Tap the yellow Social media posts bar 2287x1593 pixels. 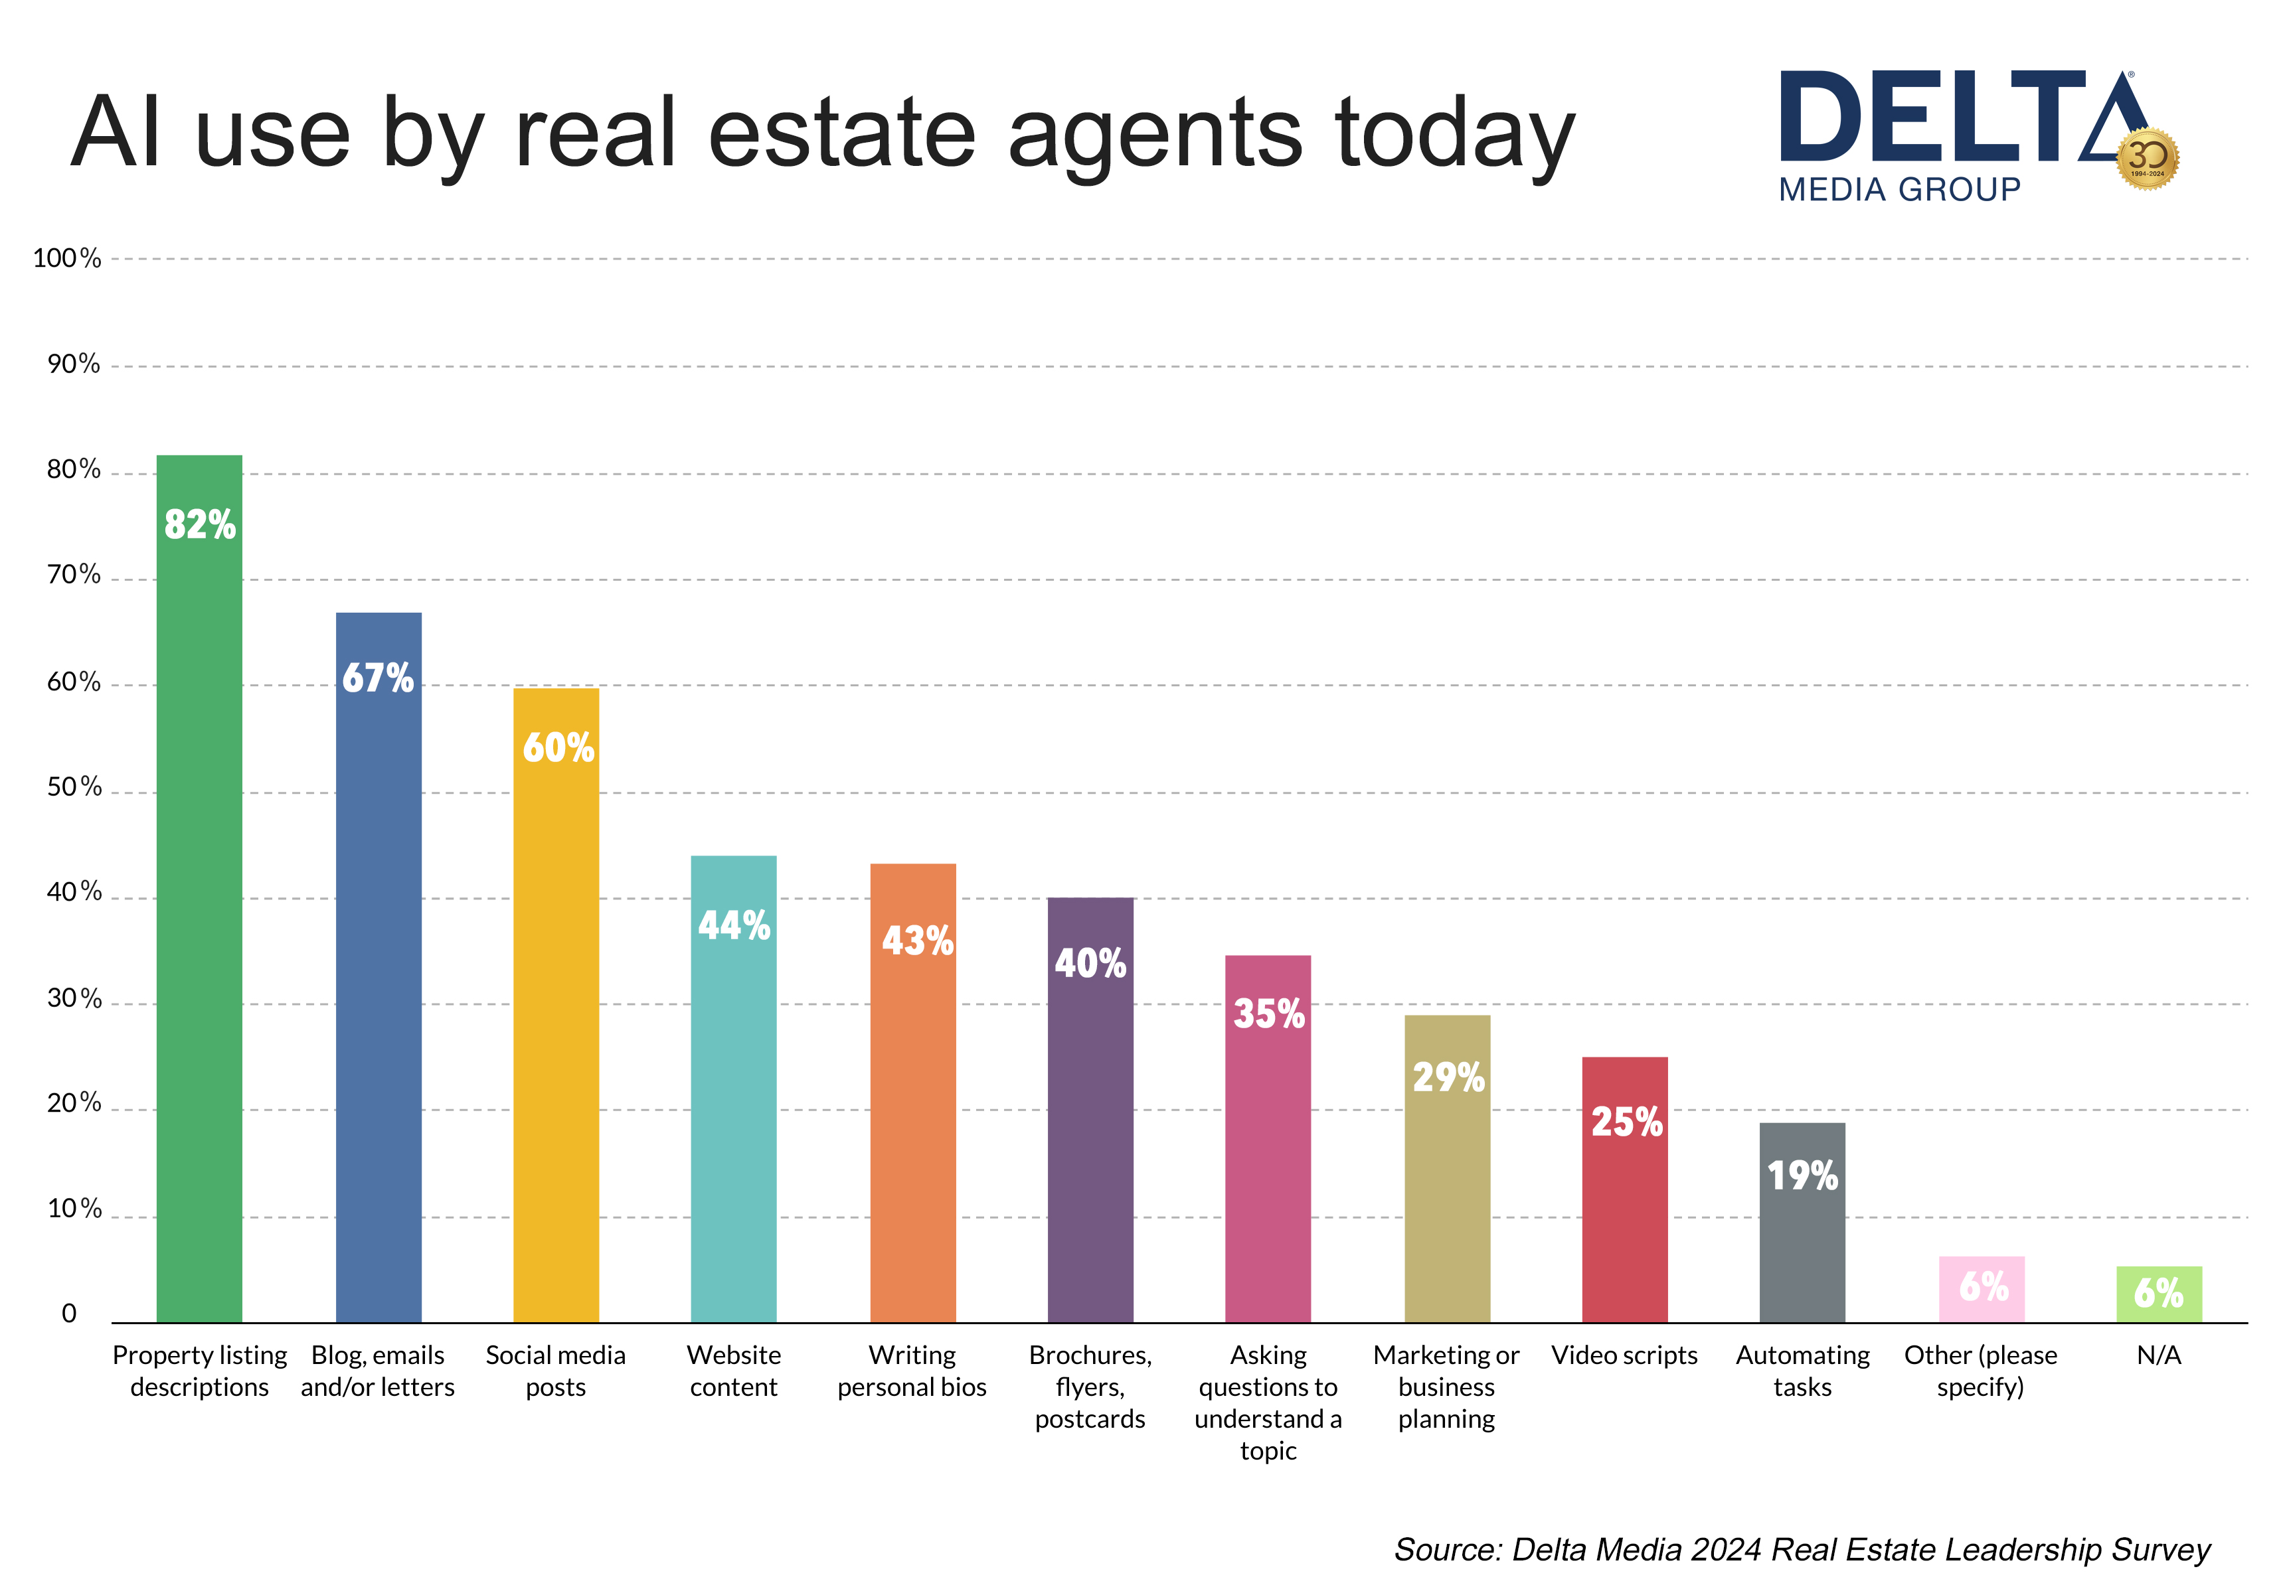click(x=556, y=1005)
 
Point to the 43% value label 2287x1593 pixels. click(x=916, y=941)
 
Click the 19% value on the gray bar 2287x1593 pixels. click(x=1802, y=1176)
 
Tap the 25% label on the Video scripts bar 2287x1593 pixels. click(x=1626, y=1122)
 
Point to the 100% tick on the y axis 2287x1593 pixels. click(x=66, y=259)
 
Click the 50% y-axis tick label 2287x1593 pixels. click(x=74, y=787)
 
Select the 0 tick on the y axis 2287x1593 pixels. click(x=69, y=1313)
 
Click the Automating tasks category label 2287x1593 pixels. click(x=1802, y=1371)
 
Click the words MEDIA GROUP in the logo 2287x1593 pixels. click(x=1899, y=189)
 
